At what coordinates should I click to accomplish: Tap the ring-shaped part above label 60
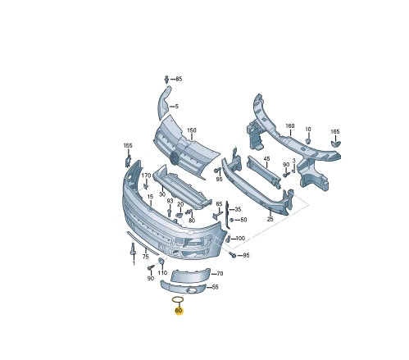pos(177,301)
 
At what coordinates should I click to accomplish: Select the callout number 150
pos(192,131)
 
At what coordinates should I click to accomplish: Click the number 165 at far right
pos(334,131)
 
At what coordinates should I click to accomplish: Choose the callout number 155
pos(128,145)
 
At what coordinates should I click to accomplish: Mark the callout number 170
pos(146,175)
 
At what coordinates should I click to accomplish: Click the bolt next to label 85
pos(166,79)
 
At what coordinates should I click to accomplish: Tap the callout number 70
pos(220,272)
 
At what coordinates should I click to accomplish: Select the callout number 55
pos(215,288)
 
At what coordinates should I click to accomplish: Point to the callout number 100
pos(240,239)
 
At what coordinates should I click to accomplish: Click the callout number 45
pos(266,159)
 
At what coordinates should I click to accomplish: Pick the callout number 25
pos(270,219)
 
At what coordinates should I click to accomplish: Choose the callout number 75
pos(145,257)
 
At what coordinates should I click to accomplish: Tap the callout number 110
pos(162,272)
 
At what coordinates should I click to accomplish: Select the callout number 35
pos(238,210)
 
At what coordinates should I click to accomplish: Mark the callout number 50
pos(242,220)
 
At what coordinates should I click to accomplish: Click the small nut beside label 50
pos(232,220)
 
